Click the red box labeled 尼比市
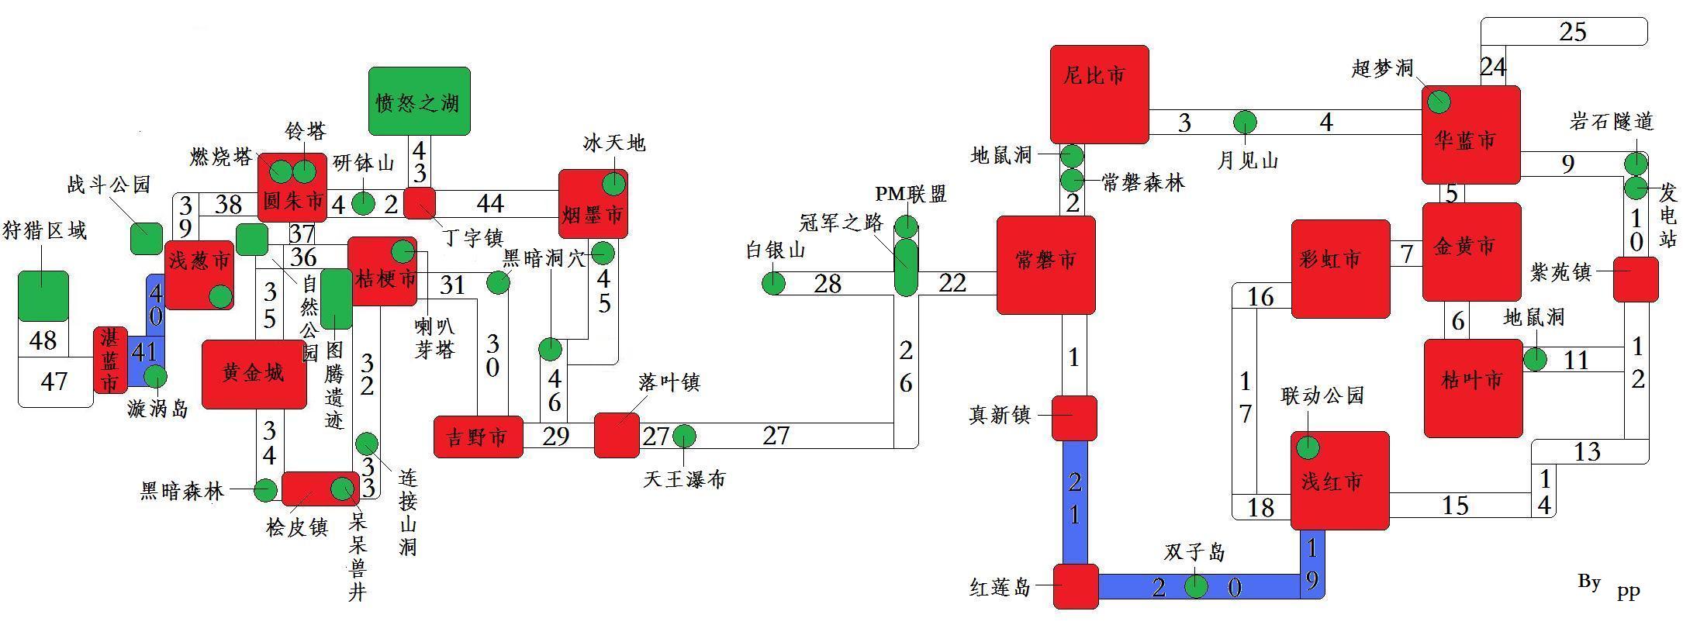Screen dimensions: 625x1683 [1099, 94]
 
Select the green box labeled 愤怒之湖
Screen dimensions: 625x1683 [419, 101]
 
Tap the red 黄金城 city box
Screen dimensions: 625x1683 [254, 374]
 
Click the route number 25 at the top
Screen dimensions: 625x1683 [1572, 32]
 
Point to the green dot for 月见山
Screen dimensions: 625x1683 [1245, 123]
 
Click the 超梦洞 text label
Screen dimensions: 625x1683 [1382, 69]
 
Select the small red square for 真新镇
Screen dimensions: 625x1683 [1074, 417]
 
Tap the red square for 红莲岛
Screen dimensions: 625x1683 [1076, 586]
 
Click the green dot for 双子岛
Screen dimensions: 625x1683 [1196, 586]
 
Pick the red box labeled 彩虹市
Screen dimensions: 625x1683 [1340, 268]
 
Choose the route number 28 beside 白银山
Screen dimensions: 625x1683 [827, 284]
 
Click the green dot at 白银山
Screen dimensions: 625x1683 [773, 284]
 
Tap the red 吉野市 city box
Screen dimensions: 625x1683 [478, 437]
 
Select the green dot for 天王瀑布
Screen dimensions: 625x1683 [684, 437]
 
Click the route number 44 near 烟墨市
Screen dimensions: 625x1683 [490, 204]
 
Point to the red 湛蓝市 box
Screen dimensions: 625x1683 [110, 360]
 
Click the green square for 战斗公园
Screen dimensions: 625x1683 [146, 239]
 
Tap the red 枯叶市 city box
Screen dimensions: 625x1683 [1473, 388]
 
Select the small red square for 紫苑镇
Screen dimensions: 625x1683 [1636, 279]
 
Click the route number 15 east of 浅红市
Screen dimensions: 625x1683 [1455, 506]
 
